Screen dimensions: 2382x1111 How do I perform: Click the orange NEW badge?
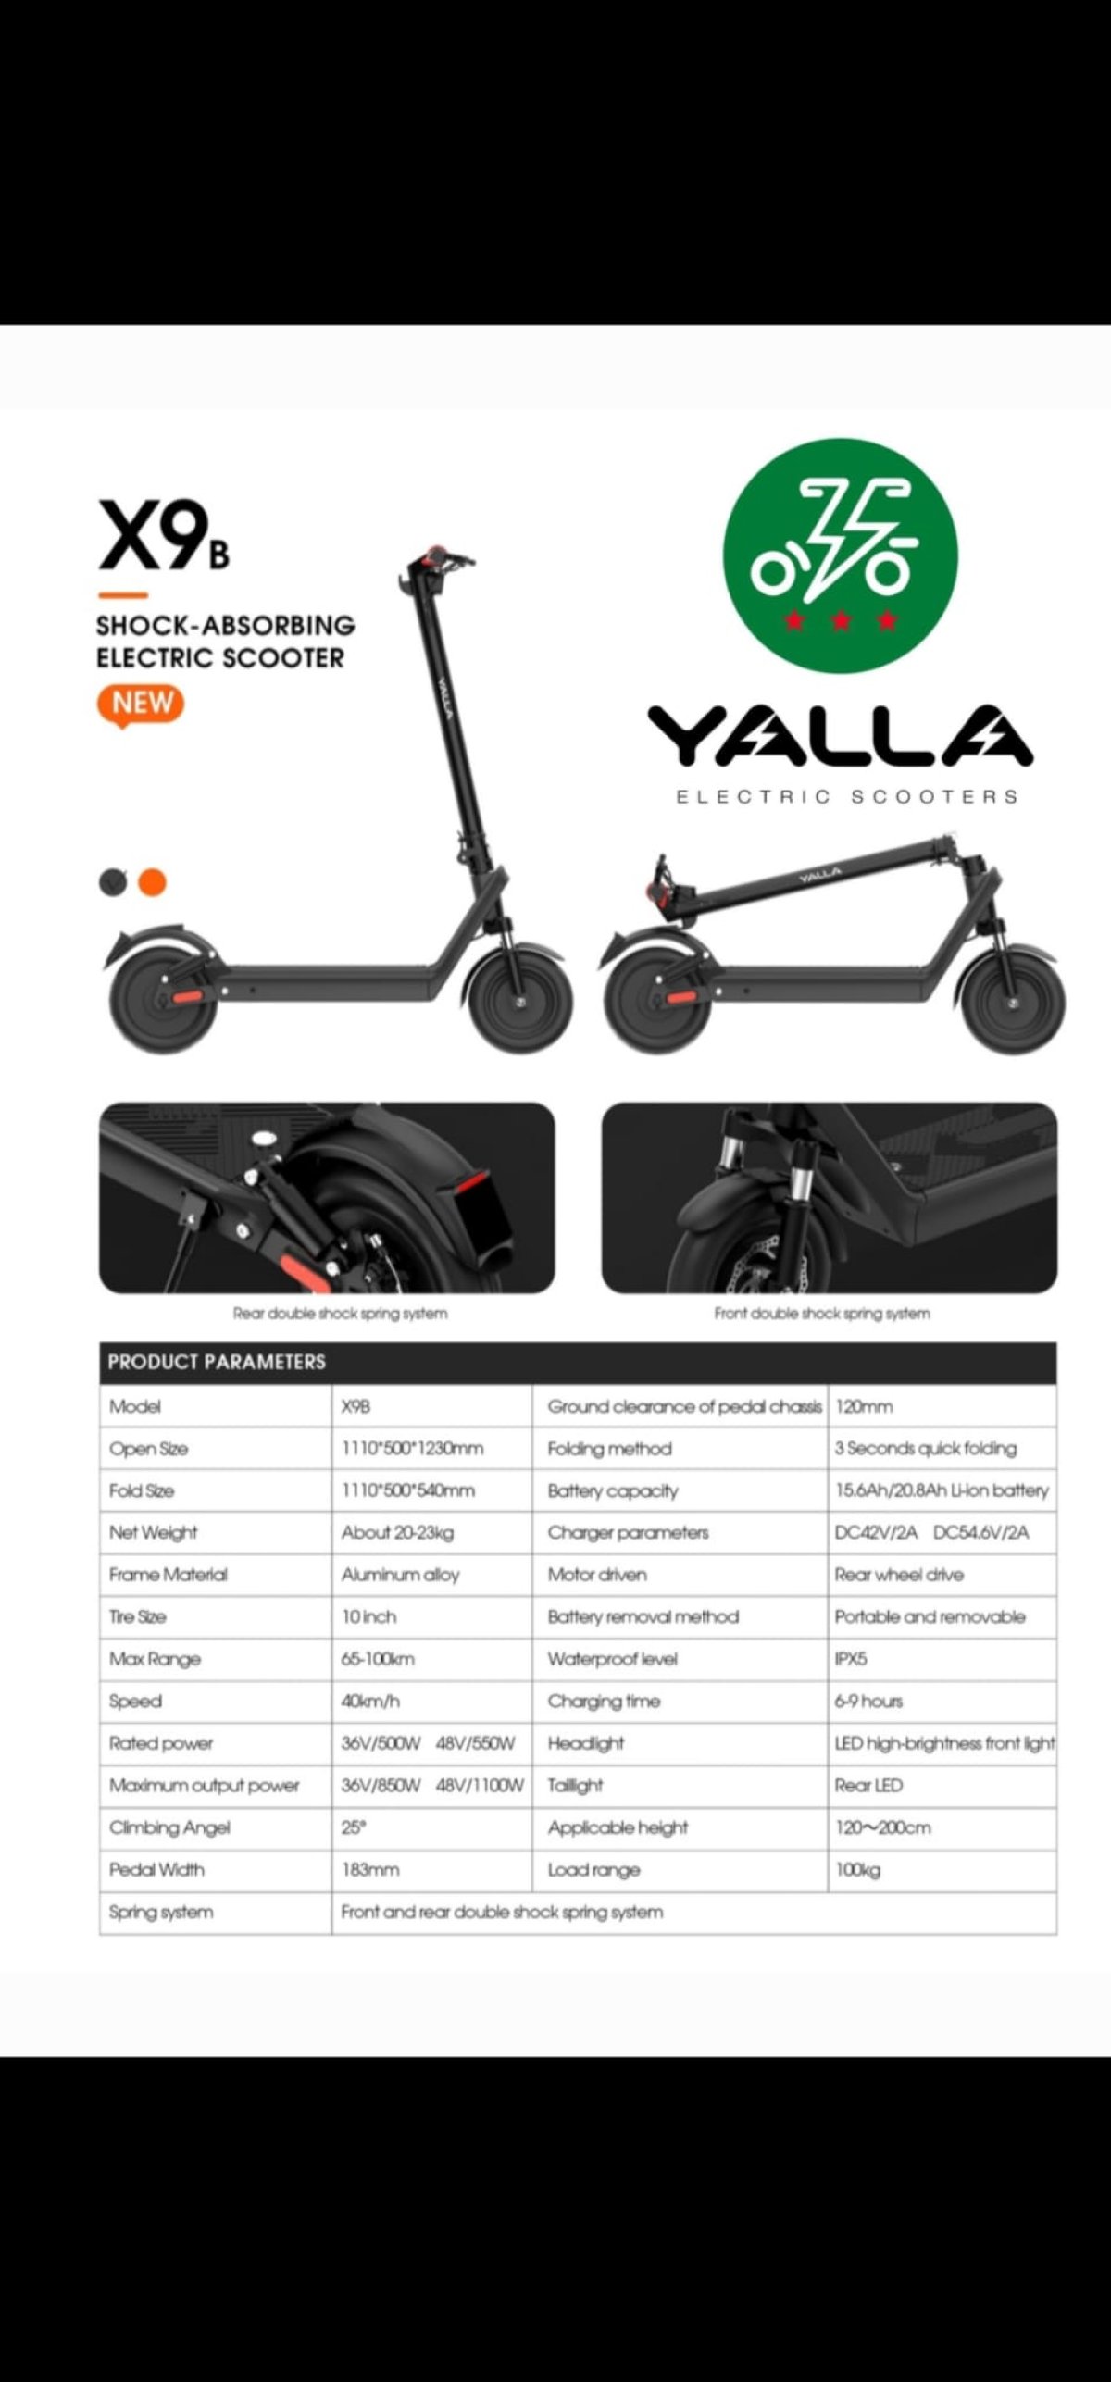(x=141, y=704)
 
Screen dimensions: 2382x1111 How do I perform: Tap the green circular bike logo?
(x=840, y=555)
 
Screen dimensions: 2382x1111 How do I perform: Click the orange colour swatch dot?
(x=152, y=882)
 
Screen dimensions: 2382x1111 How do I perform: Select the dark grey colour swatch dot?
(x=112, y=882)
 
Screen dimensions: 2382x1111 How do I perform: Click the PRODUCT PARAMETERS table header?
(x=217, y=1362)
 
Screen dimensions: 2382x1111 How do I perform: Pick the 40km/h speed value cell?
(x=370, y=1701)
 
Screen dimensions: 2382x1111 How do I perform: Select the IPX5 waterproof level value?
(x=851, y=1658)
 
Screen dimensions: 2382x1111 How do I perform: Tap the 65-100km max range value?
(x=378, y=1658)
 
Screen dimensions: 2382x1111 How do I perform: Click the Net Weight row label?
(x=154, y=1532)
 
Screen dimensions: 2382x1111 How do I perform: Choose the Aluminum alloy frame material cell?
(x=400, y=1574)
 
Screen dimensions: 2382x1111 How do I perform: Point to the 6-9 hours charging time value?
(x=868, y=1701)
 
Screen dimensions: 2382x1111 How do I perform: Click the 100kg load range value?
(x=857, y=1869)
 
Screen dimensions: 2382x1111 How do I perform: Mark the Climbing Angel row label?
(x=169, y=1827)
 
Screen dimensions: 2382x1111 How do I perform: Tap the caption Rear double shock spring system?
(x=340, y=1313)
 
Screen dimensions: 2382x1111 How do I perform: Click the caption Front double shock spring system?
(x=822, y=1313)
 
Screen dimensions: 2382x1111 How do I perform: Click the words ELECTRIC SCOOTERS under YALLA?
(x=846, y=796)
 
